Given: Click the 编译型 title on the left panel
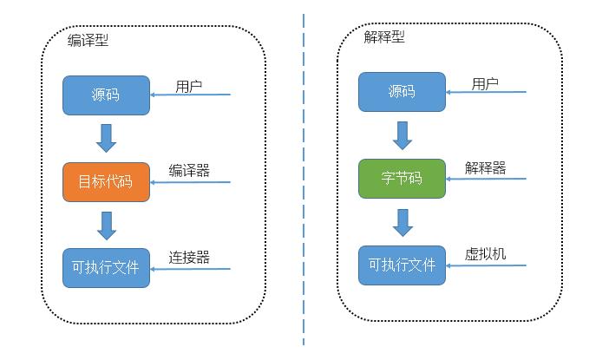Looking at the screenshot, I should pos(88,40).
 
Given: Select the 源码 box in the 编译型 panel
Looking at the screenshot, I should pos(105,95).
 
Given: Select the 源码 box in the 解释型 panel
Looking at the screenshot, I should pos(402,92).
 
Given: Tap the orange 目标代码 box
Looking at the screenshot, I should pos(105,181).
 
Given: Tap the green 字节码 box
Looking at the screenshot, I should pos(402,179).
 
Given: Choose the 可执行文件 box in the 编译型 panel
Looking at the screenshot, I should pos(105,267).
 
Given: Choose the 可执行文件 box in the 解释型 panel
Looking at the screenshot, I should pos(402,265).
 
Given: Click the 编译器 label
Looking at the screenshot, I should pos(189,170).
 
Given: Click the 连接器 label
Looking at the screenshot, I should pos(189,257).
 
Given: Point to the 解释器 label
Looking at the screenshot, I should pos(485,167).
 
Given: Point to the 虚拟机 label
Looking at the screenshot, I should pos(485,253).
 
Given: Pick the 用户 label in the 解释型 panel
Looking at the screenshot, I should pos(485,83).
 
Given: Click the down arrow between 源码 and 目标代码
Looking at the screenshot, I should pos(107,138).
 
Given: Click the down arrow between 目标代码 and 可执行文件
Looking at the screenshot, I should pos(107,225).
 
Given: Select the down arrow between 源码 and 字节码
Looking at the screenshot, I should pos(402,135).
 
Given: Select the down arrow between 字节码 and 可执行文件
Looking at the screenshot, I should pos(402,222).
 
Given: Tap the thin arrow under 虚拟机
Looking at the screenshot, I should pos(486,265).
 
